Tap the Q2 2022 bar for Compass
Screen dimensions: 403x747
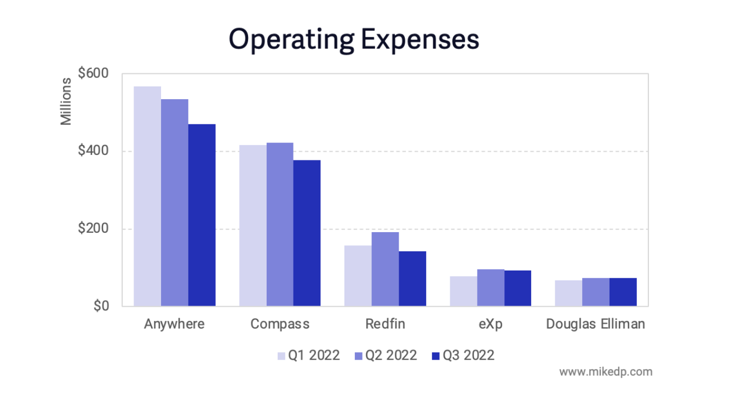280,224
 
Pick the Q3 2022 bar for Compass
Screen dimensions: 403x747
307,233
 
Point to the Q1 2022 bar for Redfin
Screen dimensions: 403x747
358,276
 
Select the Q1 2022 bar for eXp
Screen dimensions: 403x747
463,291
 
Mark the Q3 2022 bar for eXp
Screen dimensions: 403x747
518,289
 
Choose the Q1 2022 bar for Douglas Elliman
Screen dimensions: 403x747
568,293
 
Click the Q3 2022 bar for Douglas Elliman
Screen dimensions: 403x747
623,292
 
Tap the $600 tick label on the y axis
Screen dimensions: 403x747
93,73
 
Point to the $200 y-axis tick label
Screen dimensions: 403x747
93,229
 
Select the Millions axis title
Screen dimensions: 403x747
66,102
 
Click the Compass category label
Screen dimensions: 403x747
280,324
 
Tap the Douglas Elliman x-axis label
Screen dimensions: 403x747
595,324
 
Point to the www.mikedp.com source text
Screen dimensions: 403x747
605,372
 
